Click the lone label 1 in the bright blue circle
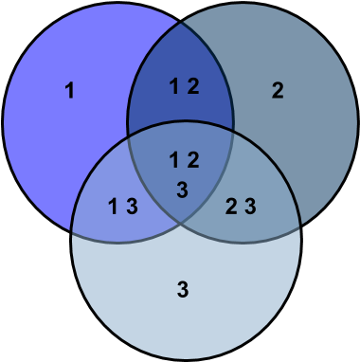(x=69, y=91)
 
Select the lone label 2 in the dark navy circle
(x=278, y=91)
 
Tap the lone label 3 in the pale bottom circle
(x=183, y=289)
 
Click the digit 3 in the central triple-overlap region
(x=183, y=190)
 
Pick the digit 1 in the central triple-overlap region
(x=174, y=158)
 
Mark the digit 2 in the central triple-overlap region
(x=192, y=158)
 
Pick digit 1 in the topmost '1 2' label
(x=174, y=87)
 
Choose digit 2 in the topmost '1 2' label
(x=192, y=87)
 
